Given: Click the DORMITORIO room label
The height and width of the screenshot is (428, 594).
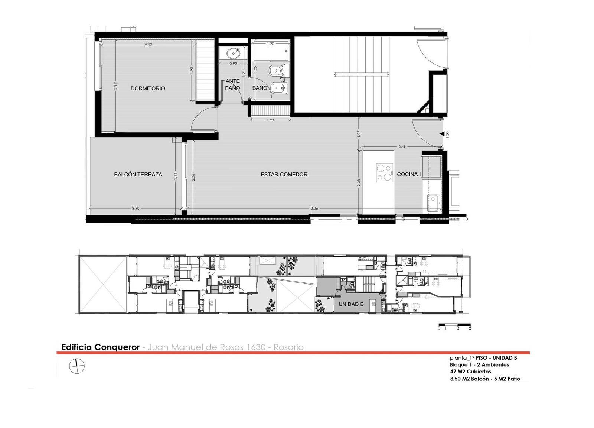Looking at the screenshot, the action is pos(148,88).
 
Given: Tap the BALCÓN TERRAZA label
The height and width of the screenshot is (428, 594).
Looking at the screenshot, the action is pos(138,175).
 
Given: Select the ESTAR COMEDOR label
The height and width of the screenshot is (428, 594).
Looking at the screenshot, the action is pos(284,175).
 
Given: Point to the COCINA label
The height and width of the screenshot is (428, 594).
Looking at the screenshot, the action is pos(407,174).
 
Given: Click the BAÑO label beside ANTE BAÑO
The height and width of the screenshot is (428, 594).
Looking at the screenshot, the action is pos(260,88).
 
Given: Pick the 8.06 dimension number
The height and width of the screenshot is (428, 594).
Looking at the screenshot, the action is pos(314,208).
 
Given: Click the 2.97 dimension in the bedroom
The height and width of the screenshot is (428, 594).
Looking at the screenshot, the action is pos(148,45).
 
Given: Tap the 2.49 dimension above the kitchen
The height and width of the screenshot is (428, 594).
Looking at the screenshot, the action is pos(402,147).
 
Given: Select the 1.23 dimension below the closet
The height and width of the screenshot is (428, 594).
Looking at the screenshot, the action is pos(271,120).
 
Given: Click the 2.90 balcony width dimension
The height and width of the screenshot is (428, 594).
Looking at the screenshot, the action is pos(136,208).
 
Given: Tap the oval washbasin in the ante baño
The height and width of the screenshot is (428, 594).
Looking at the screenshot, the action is pos(234,53).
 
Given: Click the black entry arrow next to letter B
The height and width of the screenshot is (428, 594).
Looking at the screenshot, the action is pos(442,134).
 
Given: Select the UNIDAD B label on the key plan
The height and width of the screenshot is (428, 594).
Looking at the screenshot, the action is pos(351,304).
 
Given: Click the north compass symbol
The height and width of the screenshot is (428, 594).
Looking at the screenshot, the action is pos(76,366).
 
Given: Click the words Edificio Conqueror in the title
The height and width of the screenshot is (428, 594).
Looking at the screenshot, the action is pos(101,347).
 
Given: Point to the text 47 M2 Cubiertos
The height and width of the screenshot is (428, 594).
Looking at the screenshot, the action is pos(470,372).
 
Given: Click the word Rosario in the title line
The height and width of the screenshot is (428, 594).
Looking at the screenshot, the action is pos(288,347).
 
